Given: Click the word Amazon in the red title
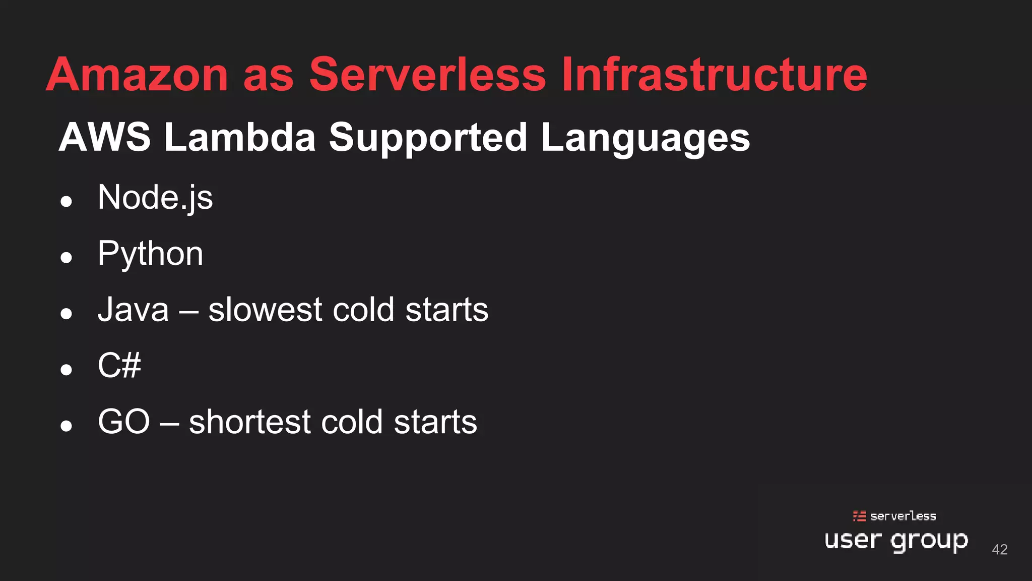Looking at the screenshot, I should click(137, 75).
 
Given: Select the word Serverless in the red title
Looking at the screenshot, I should click(427, 75).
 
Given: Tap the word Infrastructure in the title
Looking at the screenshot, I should click(714, 75).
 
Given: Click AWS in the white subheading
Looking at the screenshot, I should click(105, 137).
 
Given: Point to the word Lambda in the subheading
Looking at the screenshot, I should click(240, 137).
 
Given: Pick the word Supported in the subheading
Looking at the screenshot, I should click(428, 138).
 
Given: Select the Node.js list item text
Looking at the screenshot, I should click(155, 198).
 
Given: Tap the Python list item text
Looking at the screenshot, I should click(150, 254).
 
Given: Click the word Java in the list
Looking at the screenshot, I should click(133, 310).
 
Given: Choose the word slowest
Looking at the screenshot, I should click(265, 310).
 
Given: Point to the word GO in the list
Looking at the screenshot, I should click(124, 422).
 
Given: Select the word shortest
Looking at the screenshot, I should click(250, 422).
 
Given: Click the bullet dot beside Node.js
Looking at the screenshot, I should click(66, 202).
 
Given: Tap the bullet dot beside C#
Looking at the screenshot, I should click(66, 370).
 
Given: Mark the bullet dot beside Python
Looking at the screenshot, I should click(66, 258).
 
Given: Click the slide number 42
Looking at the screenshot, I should click(1000, 549).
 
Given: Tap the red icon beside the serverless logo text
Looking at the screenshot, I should click(859, 516).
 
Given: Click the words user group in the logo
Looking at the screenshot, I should click(896, 541).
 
